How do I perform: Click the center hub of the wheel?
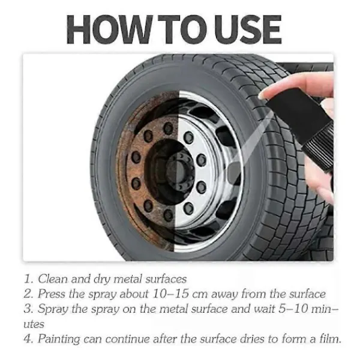tap(179, 169)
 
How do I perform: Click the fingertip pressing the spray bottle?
tap(265, 94)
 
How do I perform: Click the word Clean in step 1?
tap(53, 279)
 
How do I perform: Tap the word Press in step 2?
tap(52, 293)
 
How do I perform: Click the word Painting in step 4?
tap(59, 339)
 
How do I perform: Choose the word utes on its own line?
tap(34, 324)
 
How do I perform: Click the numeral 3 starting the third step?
tap(28, 308)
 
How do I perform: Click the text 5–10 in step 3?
tap(293, 308)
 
